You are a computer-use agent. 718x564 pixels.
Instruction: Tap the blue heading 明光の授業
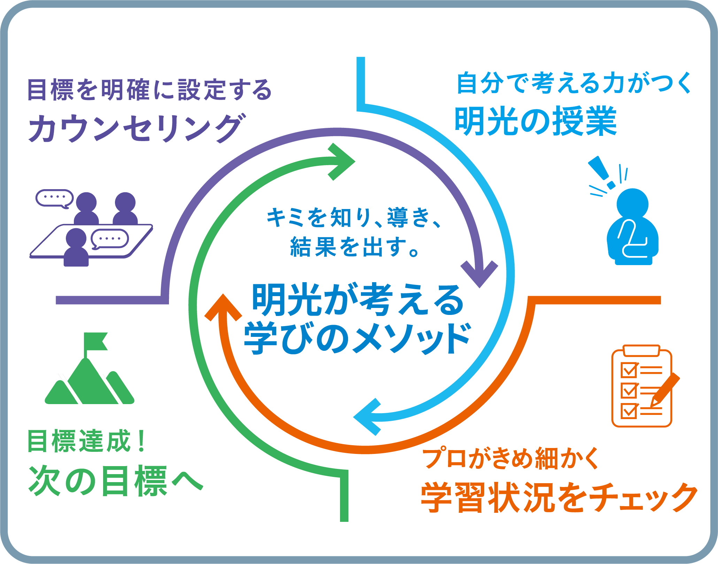pos(535,121)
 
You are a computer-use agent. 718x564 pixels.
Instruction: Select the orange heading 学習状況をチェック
pos(559,497)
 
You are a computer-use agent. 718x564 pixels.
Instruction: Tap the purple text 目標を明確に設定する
pos(149,90)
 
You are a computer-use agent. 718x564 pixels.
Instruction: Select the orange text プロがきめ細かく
pos(511,458)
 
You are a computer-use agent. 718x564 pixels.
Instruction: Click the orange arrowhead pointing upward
pos(223,308)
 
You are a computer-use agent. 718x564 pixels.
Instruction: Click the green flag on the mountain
pos(95,341)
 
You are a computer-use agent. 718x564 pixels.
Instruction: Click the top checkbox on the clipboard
pos(629,370)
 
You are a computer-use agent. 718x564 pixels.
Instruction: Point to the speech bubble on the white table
pos(110,239)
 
